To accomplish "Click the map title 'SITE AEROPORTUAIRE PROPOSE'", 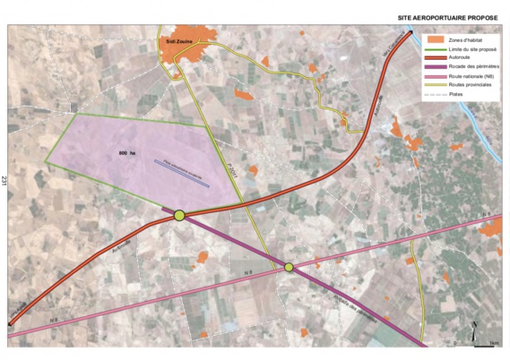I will click(x=449, y=17).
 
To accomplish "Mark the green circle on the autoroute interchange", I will click(x=179, y=215).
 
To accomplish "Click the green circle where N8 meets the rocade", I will click(x=289, y=267).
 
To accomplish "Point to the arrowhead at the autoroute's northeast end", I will click(x=410, y=33).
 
